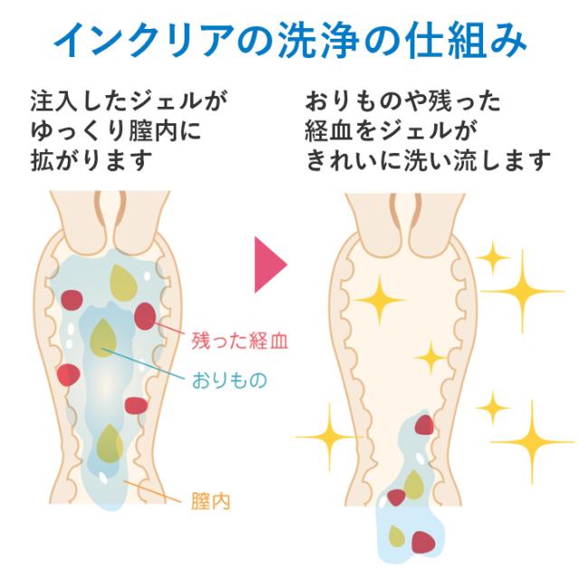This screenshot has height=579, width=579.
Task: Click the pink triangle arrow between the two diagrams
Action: [x=269, y=264]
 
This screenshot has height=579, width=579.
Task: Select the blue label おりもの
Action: [x=229, y=380]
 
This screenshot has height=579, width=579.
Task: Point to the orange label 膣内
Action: [x=210, y=500]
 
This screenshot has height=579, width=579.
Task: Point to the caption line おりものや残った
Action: [x=403, y=99]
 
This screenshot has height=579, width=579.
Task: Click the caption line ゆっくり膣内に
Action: [x=116, y=130]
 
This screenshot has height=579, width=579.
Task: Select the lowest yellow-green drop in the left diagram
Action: [x=110, y=443]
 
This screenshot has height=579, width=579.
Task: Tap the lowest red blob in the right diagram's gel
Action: [x=422, y=542]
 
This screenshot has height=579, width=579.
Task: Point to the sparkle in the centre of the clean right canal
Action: [x=432, y=356]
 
